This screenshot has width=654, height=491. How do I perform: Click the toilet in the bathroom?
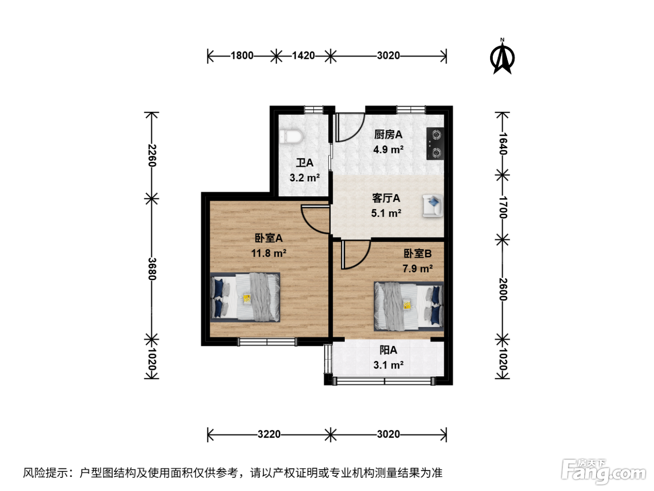tap(291, 137)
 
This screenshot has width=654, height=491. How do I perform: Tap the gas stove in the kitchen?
tap(435, 144)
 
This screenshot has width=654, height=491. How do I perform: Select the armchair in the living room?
tap(433, 205)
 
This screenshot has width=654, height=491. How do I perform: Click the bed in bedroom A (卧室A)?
tap(245, 297)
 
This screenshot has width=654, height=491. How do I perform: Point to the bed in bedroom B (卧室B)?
tap(409, 306)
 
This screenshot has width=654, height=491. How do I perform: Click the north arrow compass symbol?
tap(502, 57)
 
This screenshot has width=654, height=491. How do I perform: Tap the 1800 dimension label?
tap(242, 56)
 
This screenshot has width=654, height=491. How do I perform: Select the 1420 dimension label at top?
tap(303, 56)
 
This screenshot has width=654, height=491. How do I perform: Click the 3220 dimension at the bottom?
tap(269, 434)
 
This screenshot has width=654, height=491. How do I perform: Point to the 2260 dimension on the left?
tap(152, 156)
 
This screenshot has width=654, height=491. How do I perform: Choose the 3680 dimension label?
tap(152, 269)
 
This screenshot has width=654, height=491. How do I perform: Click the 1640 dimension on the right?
tap(503, 144)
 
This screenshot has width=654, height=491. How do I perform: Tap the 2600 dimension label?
tap(503, 289)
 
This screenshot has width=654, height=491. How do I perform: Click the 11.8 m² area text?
tap(269, 253)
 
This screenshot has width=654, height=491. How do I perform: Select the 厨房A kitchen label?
tap(388, 135)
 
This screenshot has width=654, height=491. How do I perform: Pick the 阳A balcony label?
tap(388, 350)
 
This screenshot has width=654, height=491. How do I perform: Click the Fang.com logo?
tap(604, 471)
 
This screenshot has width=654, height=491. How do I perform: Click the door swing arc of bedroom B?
tap(356, 254)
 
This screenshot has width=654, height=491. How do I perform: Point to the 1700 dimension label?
tap(503, 207)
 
